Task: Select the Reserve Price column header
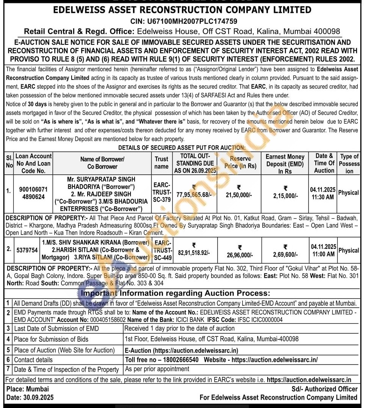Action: coord(240,162)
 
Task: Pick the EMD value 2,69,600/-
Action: coord(285,255)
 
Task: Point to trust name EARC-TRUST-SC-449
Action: coord(163,250)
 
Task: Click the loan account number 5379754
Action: coord(27,250)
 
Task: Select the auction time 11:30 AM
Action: coord(323,197)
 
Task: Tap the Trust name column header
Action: coord(161,163)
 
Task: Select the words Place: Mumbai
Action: coord(28,389)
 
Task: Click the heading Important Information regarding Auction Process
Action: coord(175,293)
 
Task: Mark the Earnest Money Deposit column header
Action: coord(285,164)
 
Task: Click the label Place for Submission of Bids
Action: coord(51,339)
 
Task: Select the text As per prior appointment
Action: coord(157,369)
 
